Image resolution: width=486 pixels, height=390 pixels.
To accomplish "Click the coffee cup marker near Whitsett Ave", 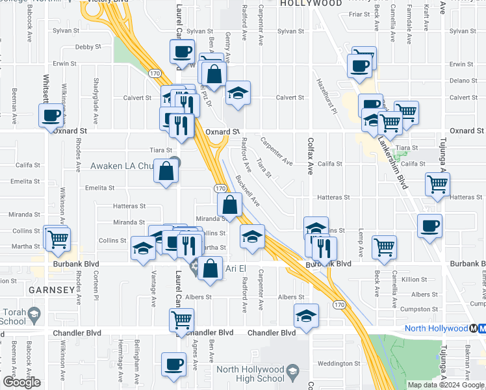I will pyautogui.click(x=51, y=116).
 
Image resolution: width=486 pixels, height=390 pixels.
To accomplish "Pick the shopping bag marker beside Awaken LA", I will pyautogui.click(x=167, y=172).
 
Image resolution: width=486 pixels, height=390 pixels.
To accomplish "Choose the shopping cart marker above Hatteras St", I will pyautogui.click(x=437, y=184).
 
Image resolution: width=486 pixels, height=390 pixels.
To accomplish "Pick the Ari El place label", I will pyautogui.click(x=235, y=268).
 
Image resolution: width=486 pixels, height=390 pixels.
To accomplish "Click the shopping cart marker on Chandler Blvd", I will pyautogui.click(x=181, y=320).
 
